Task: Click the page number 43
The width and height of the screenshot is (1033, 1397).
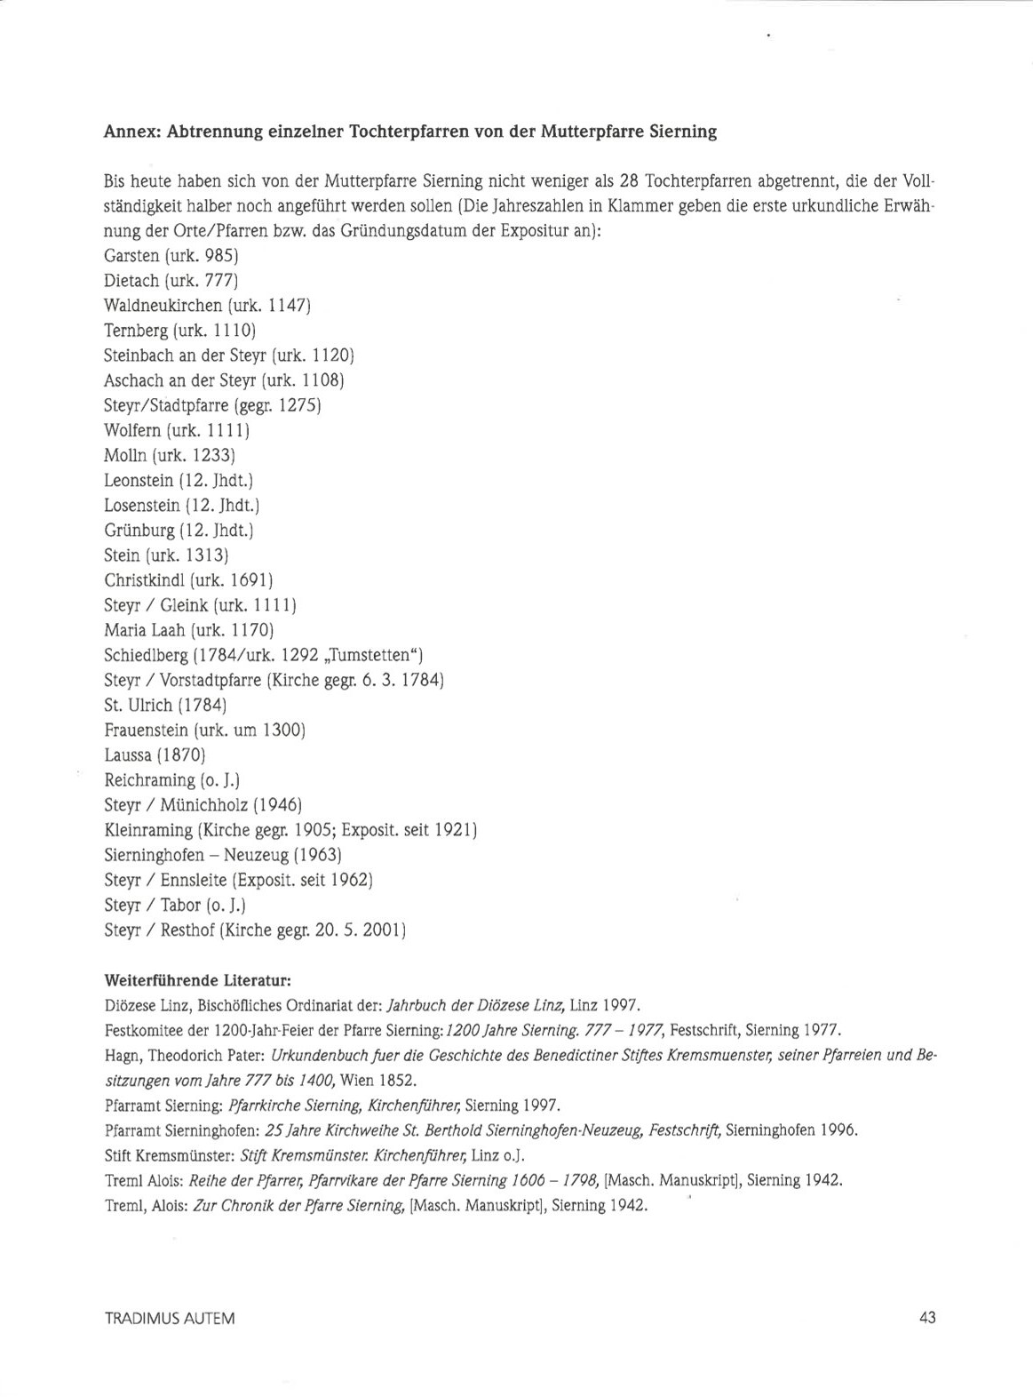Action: (x=927, y=1317)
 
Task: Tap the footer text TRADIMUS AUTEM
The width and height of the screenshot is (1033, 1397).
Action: (x=170, y=1318)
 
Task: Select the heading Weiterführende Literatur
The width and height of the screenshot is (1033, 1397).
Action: (x=198, y=981)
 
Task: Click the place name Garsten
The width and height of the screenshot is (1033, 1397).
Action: (x=131, y=256)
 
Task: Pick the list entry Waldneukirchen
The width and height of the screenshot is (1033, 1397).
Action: (x=163, y=306)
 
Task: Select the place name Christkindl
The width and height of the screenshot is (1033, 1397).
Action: (x=143, y=580)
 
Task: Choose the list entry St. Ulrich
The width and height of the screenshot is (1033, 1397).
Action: (x=138, y=706)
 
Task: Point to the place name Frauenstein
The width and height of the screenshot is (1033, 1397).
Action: (x=146, y=730)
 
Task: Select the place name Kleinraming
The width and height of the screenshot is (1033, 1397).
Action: (x=148, y=830)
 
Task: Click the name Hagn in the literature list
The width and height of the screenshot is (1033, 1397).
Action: (x=121, y=1056)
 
